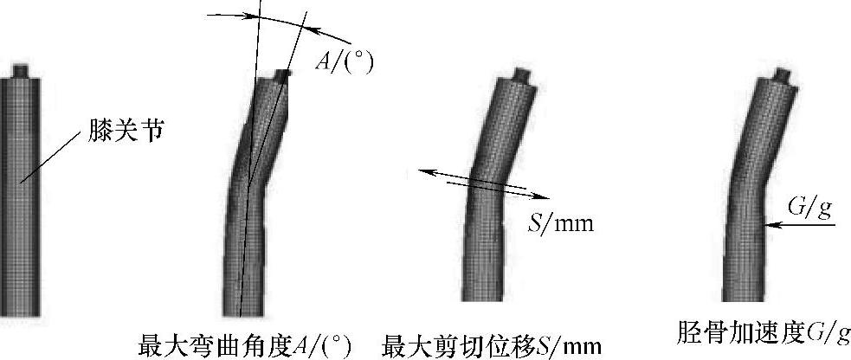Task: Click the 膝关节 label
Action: pyautogui.click(x=126, y=132)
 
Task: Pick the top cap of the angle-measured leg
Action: pyautogui.click(x=281, y=76)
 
